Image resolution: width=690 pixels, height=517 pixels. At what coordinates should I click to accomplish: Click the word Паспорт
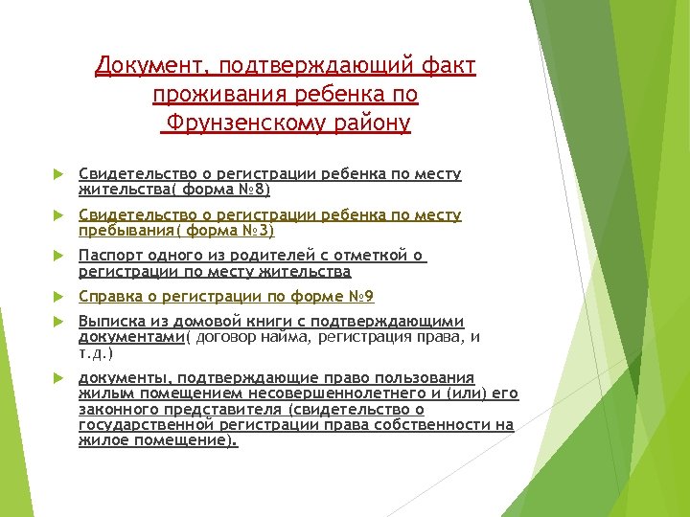[x=109, y=257]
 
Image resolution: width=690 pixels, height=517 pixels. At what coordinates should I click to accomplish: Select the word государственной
[x=138, y=424]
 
